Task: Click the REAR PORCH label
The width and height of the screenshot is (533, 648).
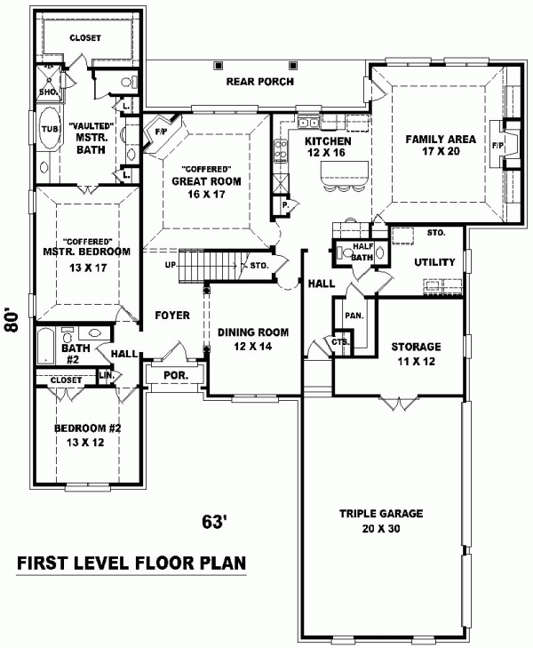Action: [260, 82]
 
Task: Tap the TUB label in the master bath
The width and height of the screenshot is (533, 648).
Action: [50, 129]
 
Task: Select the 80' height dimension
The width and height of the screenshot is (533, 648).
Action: [12, 319]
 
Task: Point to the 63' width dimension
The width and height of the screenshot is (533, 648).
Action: [215, 522]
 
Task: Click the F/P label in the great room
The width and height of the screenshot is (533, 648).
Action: [161, 132]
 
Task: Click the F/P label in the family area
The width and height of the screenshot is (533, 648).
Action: [497, 146]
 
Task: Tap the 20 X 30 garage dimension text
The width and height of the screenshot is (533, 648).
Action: [381, 528]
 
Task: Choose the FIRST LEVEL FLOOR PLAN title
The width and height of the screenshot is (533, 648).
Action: [131, 563]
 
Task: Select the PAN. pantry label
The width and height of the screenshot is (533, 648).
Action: [354, 316]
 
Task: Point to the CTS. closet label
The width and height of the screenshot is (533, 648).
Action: [340, 342]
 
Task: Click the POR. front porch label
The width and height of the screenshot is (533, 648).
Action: [176, 376]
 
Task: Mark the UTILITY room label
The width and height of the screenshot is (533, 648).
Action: [434, 262]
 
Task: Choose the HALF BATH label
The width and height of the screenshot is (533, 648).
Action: [363, 252]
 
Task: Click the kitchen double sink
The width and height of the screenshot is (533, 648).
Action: [308, 123]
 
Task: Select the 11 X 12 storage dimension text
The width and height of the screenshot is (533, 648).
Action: [416, 362]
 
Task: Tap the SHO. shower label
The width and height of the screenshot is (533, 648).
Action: [48, 92]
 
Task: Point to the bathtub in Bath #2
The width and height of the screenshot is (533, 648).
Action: [45, 347]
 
